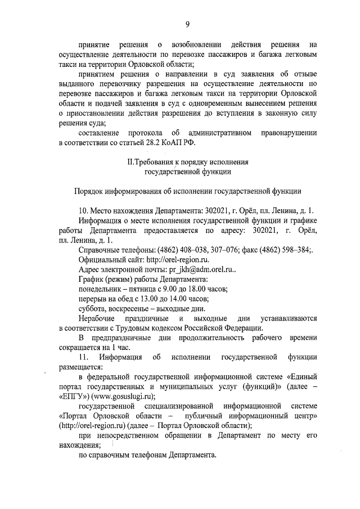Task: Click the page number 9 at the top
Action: point(187,23)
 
